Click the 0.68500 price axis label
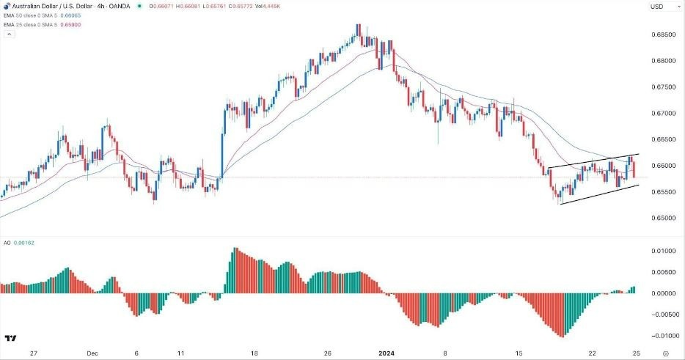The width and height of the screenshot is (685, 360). (x=662, y=34)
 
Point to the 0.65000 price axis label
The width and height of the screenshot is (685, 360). (x=662, y=218)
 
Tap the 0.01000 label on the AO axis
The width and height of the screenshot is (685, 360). (x=662, y=251)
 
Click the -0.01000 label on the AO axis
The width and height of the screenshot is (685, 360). (x=661, y=336)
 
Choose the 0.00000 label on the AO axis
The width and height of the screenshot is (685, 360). (x=662, y=293)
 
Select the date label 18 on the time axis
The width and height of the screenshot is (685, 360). (x=254, y=352)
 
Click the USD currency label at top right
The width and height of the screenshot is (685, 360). (x=657, y=7)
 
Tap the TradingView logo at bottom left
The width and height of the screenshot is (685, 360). (x=11, y=338)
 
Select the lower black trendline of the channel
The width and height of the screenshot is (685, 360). (x=598, y=194)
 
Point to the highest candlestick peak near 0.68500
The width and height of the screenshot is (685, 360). (x=358, y=26)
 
